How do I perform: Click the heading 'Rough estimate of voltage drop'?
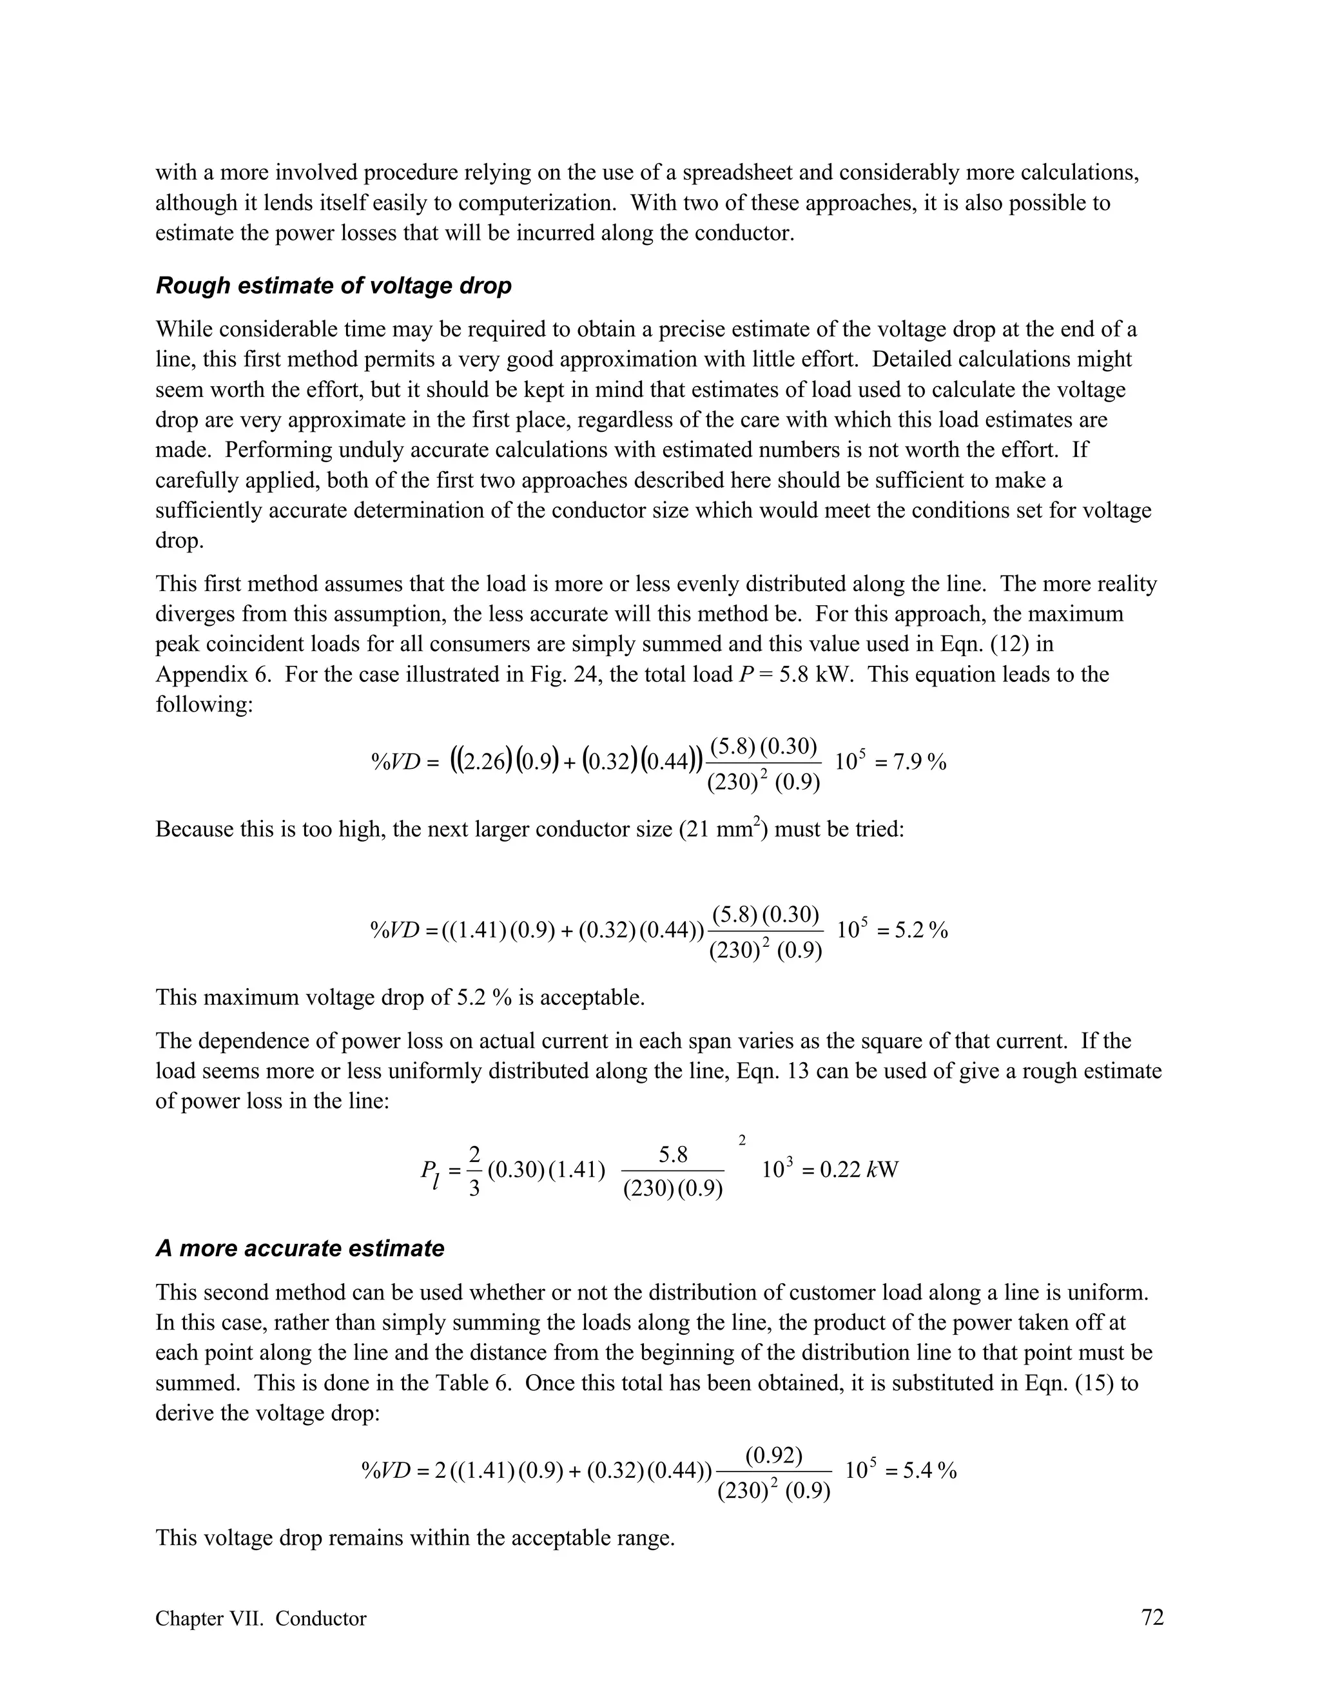point(333,286)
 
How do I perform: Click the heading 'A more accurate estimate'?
point(300,1248)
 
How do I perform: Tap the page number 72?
point(1152,1617)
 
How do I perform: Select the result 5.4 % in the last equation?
point(930,1471)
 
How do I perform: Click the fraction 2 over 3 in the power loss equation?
point(474,1170)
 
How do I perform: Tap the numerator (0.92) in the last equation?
point(773,1455)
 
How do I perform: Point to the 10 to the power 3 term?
point(777,1170)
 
